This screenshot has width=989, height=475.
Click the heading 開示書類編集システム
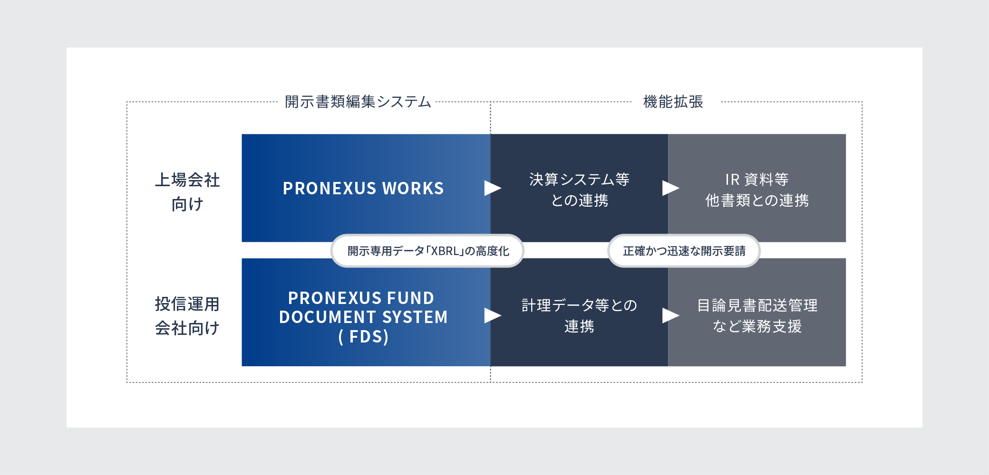click(358, 102)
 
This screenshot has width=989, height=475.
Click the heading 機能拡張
click(673, 102)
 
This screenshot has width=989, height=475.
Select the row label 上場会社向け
click(187, 192)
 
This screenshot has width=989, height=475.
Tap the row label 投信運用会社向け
click(187, 316)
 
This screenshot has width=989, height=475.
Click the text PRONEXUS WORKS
click(363, 189)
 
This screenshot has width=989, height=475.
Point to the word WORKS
click(413, 189)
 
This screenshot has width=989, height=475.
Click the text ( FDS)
click(364, 337)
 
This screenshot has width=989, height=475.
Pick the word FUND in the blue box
click(410, 298)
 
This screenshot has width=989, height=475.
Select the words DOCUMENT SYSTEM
click(363, 317)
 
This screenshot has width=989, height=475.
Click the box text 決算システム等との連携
click(579, 190)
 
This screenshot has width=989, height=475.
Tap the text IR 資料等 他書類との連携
click(757, 190)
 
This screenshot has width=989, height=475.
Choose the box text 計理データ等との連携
click(579, 315)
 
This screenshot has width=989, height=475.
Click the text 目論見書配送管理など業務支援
click(757, 315)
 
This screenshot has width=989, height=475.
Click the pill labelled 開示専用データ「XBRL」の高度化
click(427, 251)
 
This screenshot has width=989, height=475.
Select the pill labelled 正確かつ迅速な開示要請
click(684, 251)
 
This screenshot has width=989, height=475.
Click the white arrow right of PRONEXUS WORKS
click(493, 188)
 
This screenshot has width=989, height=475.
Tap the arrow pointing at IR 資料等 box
click(670, 188)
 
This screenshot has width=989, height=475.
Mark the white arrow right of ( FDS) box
click(493, 315)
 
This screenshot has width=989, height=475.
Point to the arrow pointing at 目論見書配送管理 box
click(670, 315)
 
